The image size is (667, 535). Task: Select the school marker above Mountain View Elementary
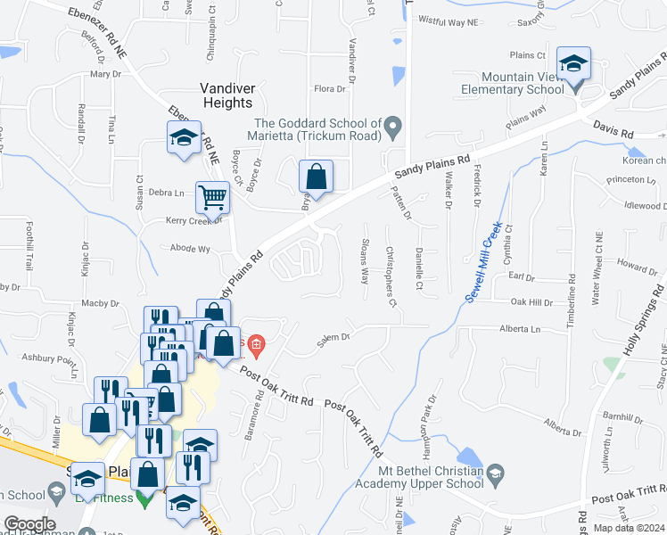[x=573, y=64]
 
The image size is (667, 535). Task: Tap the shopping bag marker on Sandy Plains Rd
[x=316, y=177]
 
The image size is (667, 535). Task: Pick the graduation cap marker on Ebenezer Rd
[x=185, y=138]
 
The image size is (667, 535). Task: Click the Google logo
[x=29, y=523]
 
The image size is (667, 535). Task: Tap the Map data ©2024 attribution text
[x=628, y=528]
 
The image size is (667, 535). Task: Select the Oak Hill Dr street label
[x=531, y=302]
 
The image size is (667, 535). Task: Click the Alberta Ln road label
[x=521, y=329]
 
